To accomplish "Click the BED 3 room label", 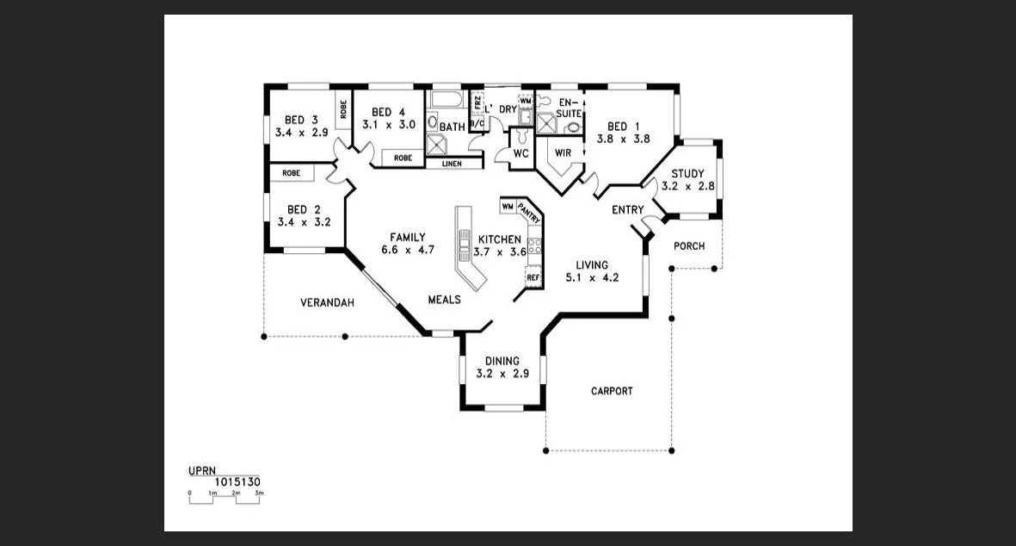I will point(302,120).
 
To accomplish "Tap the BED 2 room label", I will point(304,209).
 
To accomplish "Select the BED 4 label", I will point(388,112).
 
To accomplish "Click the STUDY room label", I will point(687,173).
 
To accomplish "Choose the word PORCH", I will point(689,246).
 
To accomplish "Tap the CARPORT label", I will point(612,391).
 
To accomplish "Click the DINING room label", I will point(502,361).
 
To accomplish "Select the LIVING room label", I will point(592,265).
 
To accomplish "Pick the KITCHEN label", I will point(500,239).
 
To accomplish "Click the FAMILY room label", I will point(408,238).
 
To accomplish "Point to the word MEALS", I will point(445,300).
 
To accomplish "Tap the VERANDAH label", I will point(327,303).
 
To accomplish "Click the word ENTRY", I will point(627,210).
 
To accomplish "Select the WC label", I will point(520,153).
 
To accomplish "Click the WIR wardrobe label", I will point(563,152).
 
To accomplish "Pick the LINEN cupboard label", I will point(452,164).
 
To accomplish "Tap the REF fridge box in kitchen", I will point(533,277).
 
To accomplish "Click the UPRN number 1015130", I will point(237,482).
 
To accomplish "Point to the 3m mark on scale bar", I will point(259,493).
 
